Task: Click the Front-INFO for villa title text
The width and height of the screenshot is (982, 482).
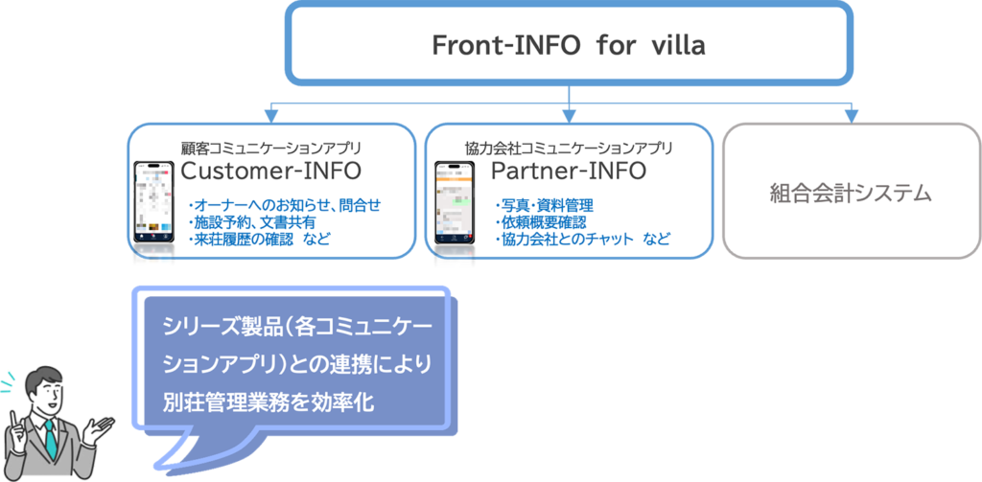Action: tap(570, 45)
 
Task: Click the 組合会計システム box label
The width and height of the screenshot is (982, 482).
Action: tap(851, 192)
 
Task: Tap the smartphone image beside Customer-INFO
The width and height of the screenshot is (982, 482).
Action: tap(152, 202)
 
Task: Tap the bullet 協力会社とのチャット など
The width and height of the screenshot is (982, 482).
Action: tap(580, 239)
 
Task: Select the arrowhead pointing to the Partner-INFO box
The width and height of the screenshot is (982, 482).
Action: tap(570, 115)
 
